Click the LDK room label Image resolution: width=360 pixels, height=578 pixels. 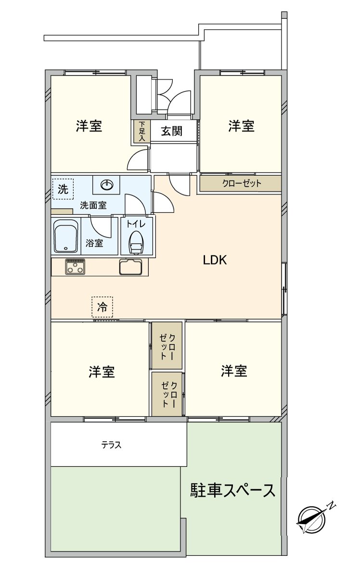(x=215, y=261)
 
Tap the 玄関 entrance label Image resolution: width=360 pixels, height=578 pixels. (x=171, y=131)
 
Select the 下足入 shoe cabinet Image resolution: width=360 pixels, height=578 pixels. (x=141, y=131)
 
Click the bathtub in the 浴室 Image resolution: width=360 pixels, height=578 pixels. (x=66, y=236)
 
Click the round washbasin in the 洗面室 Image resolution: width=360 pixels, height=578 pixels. (x=107, y=184)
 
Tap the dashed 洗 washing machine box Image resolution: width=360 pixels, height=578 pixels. (x=63, y=189)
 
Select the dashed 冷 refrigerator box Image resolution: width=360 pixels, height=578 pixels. (x=102, y=307)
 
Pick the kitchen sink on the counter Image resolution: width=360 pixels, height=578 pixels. (x=130, y=266)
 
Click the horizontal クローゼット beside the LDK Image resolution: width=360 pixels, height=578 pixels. (x=241, y=184)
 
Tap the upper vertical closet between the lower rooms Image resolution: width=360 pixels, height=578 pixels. (x=167, y=345)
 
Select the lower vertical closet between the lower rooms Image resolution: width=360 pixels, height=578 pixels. (x=167, y=394)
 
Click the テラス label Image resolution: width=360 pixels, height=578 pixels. (x=111, y=445)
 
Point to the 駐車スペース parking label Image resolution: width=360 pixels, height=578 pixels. (x=233, y=490)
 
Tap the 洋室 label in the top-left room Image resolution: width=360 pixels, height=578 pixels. (x=89, y=127)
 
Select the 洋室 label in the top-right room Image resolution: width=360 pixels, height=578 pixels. (x=241, y=127)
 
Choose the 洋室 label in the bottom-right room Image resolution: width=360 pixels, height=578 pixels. (x=234, y=371)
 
